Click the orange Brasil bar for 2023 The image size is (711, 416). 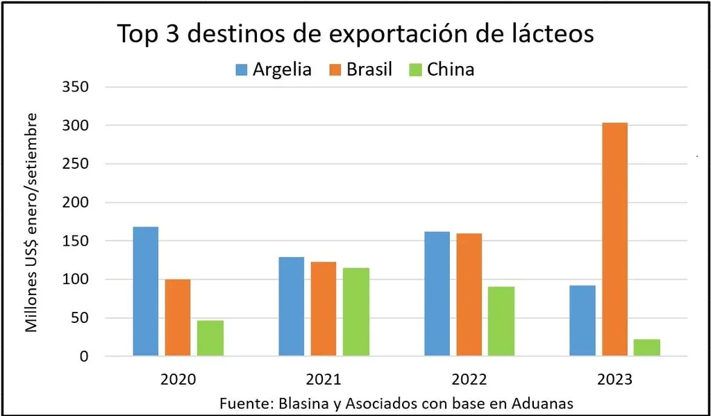coord(615,240)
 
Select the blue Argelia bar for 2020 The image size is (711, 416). coord(145,292)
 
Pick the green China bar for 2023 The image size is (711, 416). coord(647,347)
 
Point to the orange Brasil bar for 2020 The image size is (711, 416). coord(178,317)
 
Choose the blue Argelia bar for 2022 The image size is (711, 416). coord(437,294)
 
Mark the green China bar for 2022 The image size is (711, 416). coord(501,321)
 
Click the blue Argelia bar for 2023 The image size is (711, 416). coord(582,321)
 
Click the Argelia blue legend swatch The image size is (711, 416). coord(242,69)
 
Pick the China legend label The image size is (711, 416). coord(451,69)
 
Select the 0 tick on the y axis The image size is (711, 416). coord(85,357)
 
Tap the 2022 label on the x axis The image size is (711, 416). coord(469,379)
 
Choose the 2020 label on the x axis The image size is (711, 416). coord(178,379)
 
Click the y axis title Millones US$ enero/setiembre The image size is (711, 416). coord(32,222)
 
